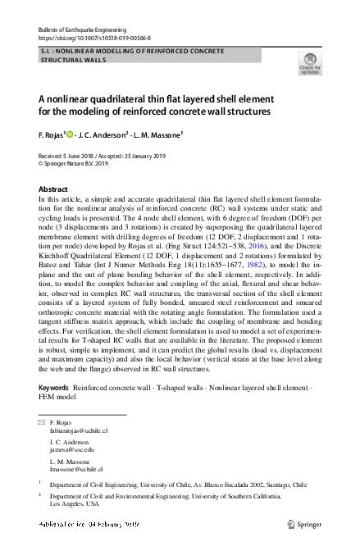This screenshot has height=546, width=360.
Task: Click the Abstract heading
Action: tap(53, 189)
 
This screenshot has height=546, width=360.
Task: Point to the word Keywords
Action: tap(54, 386)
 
